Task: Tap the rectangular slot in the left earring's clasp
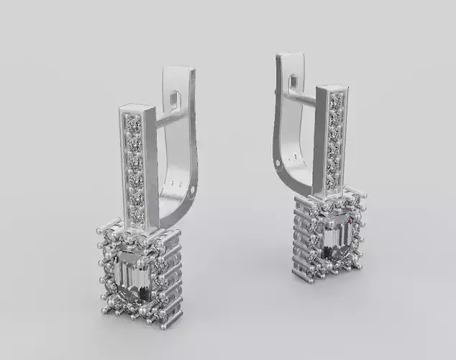coord(175,94)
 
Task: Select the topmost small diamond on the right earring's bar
coord(335,99)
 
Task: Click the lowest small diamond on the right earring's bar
coord(332,183)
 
